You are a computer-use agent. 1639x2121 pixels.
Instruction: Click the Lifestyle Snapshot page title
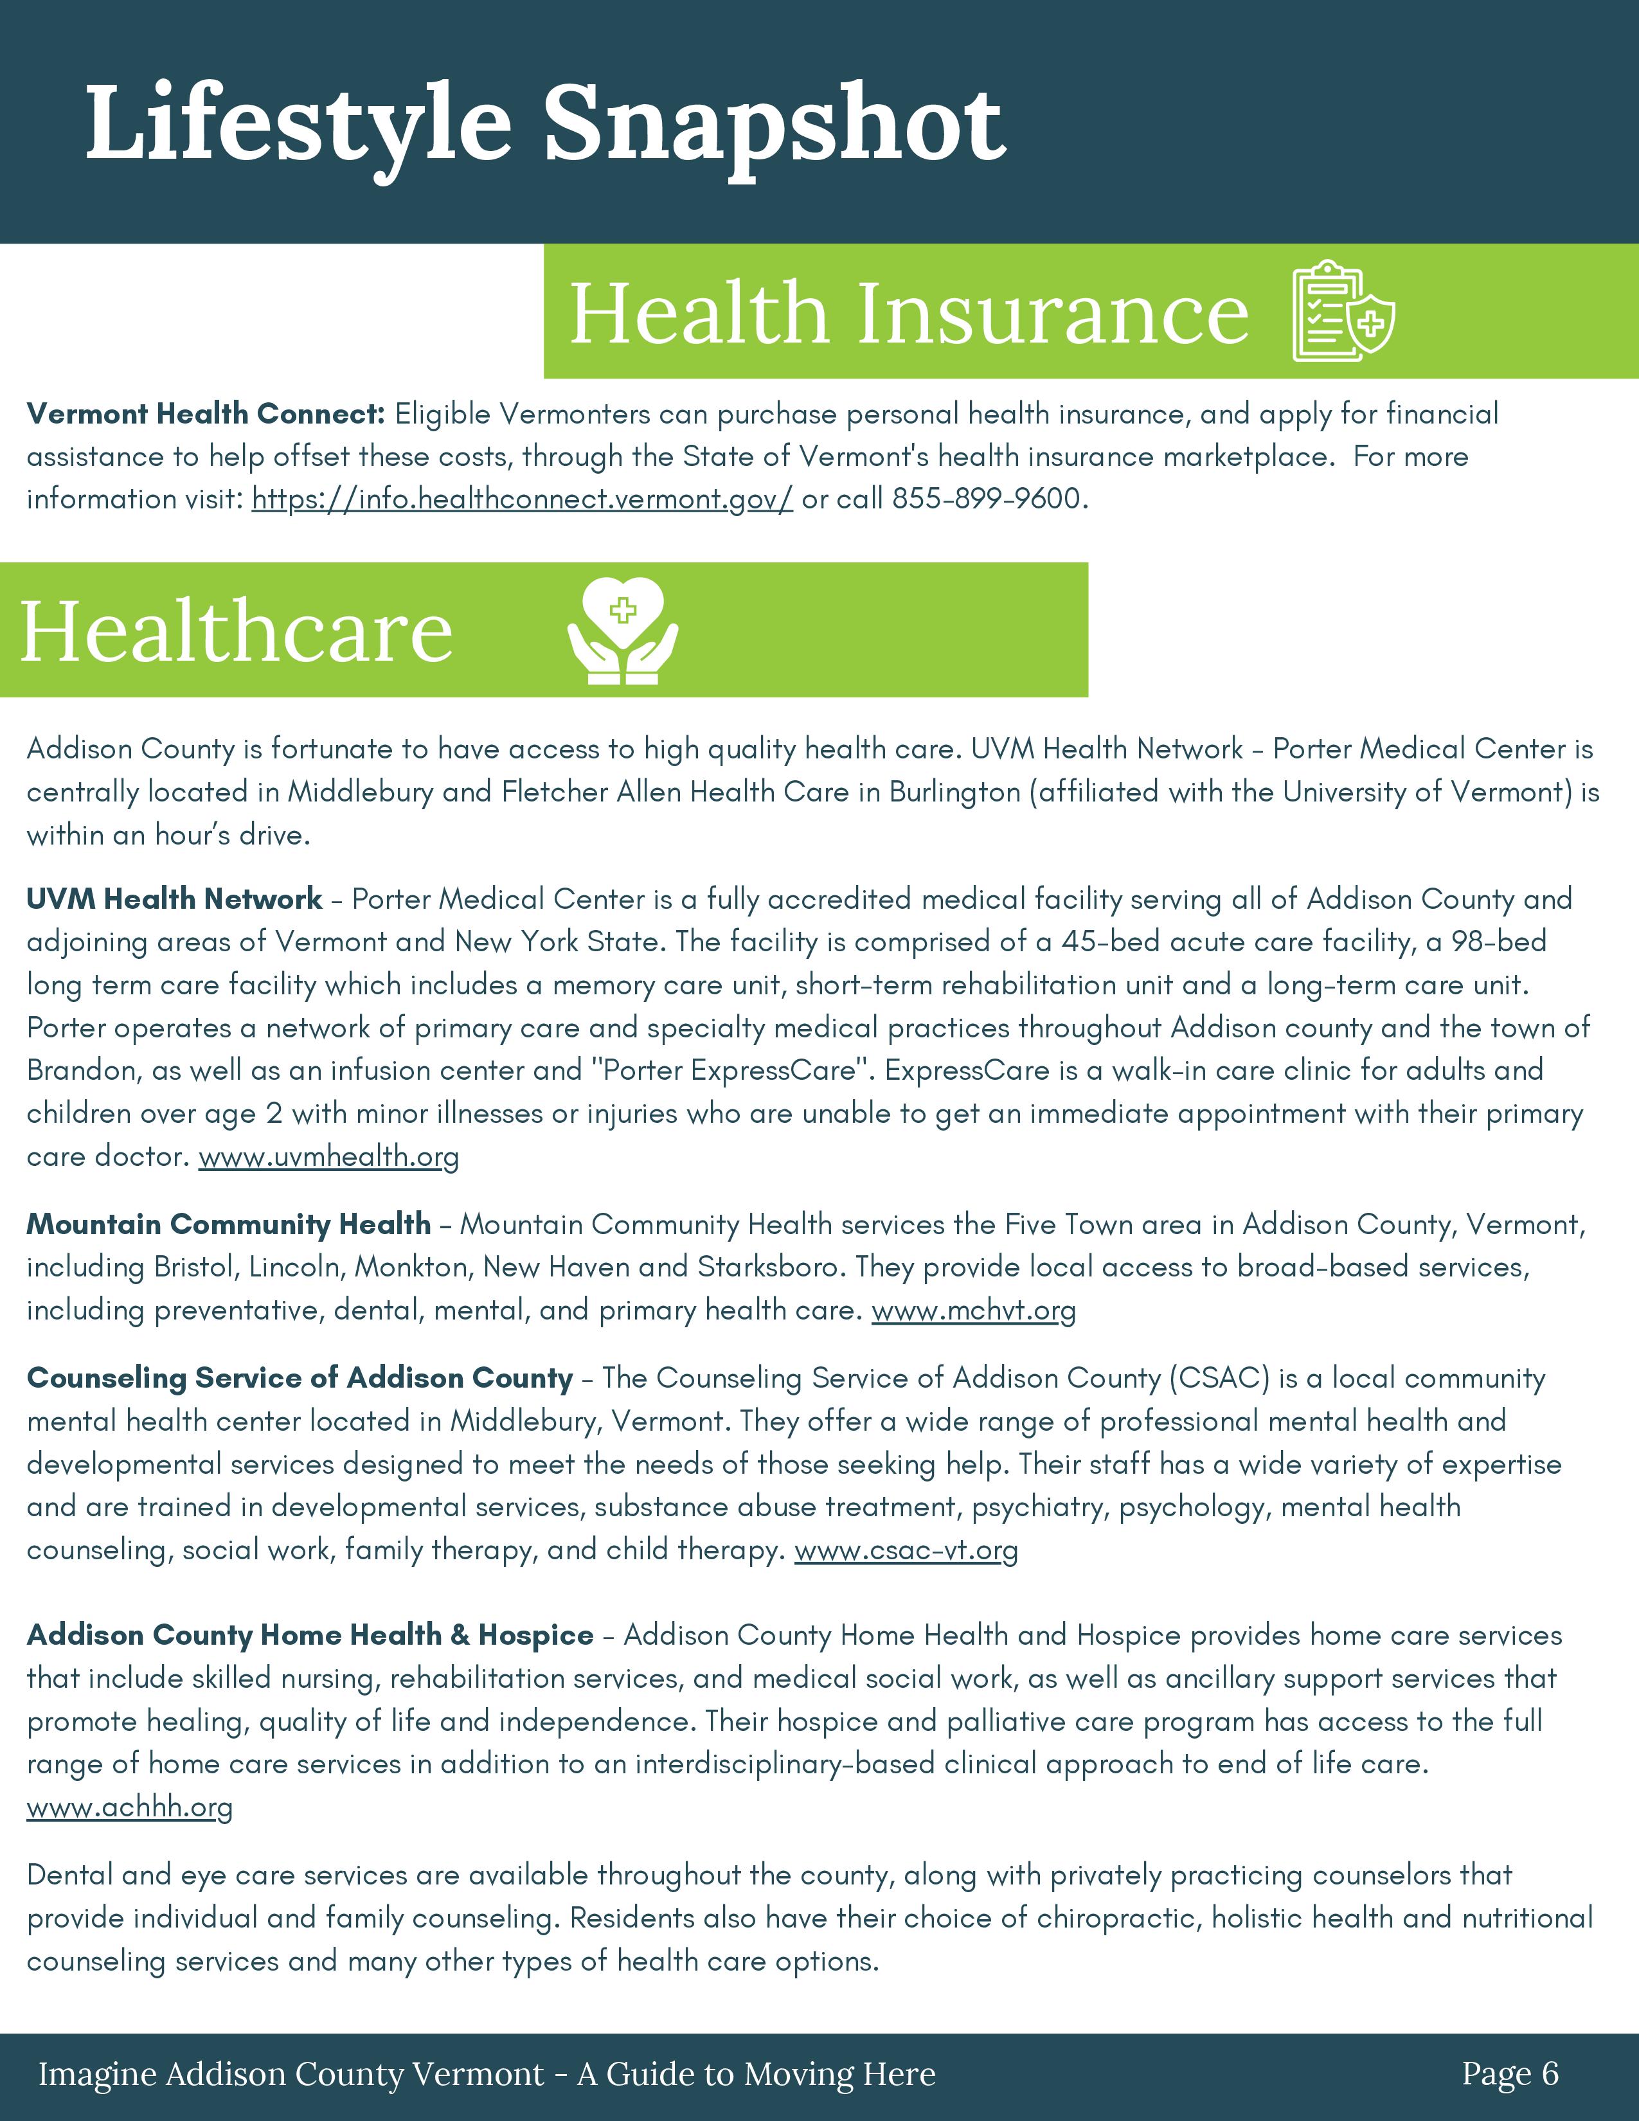(546, 124)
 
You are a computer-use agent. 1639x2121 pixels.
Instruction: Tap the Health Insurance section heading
(909, 313)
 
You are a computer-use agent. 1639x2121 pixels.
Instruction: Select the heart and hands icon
(622, 631)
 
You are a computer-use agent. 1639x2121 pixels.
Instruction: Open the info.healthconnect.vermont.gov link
(523, 499)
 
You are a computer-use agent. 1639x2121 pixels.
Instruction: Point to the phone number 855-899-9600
(987, 499)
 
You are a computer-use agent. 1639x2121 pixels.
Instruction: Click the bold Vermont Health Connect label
(206, 414)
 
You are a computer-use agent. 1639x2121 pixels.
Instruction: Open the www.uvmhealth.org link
(328, 1157)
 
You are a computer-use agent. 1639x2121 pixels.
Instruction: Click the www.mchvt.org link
(973, 1311)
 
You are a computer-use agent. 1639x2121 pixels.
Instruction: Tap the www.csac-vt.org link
(906, 1550)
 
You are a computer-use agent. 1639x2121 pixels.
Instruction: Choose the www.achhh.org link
(129, 1807)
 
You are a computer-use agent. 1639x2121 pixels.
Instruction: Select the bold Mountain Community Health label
(228, 1224)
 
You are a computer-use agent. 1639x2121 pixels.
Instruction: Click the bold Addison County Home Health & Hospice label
(310, 1636)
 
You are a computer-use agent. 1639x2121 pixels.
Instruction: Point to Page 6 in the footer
(1510, 2073)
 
